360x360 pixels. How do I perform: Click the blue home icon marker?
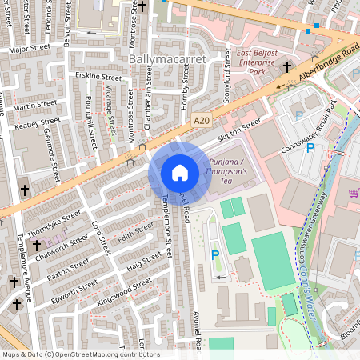pyautogui.click(x=180, y=172)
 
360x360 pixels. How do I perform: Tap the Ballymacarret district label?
pyautogui.click(x=167, y=59)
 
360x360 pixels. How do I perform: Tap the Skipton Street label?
pyautogui.click(x=240, y=129)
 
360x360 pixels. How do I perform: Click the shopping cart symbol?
pyautogui.click(x=354, y=192)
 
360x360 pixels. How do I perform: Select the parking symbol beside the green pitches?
pyautogui.click(x=214, y=255)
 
